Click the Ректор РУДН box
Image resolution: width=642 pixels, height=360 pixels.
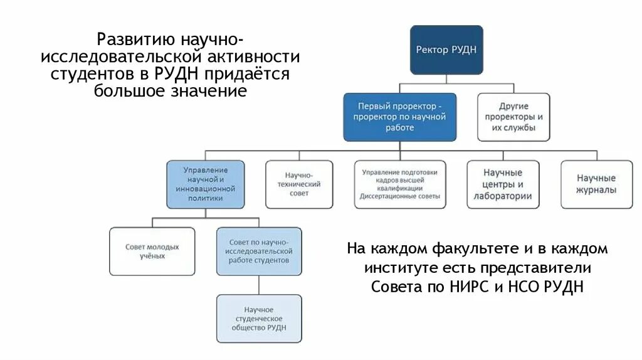(446, 50)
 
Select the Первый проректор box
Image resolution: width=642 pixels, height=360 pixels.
(400, 117)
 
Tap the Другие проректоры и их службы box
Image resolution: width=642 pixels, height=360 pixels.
(513, 117)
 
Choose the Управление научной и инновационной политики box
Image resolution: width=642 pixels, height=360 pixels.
(205, 183)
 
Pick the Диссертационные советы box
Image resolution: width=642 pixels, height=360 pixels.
(400, 184)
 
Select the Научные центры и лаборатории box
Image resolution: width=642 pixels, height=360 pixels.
(503, 185)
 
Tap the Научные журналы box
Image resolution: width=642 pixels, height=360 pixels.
(596, 184)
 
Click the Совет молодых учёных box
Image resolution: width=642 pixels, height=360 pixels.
(152, 251)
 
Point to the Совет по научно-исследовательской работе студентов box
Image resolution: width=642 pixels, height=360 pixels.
(258, 251)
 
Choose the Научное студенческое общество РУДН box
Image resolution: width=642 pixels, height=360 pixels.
(258, 319)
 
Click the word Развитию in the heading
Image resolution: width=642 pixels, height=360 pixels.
(135, 40)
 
